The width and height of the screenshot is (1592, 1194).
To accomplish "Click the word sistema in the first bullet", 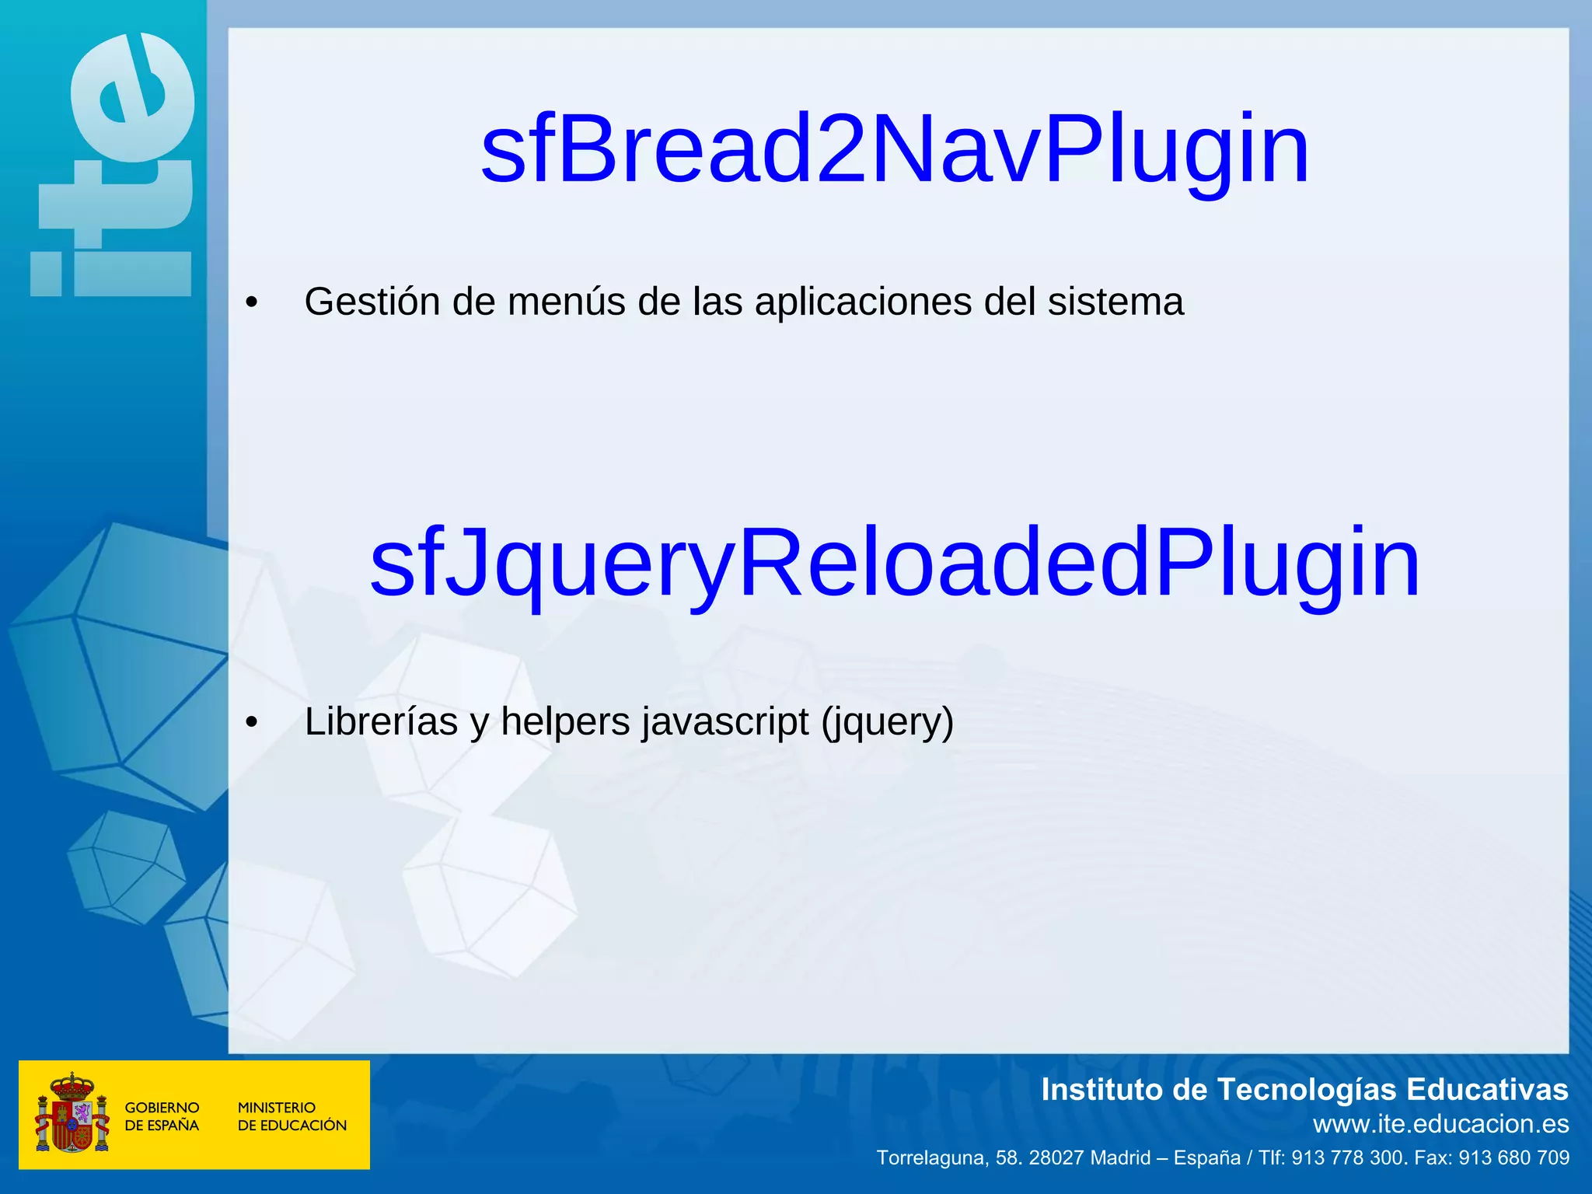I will pos(1115,302).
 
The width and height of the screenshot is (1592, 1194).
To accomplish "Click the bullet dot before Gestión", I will pos(251,303).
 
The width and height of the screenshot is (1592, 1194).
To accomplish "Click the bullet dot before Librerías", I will pos(251,723).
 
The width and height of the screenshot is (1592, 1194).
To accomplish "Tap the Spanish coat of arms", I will pos(72,1113).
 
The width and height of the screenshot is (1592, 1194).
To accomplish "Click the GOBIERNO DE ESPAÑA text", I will pos(162,1116).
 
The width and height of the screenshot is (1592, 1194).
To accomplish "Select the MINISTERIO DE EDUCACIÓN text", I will pos(292,1116).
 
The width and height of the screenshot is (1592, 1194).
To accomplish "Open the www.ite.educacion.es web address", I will pos(1440,1124).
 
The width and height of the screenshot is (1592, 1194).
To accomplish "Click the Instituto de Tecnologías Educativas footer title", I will pos(1304,1090).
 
